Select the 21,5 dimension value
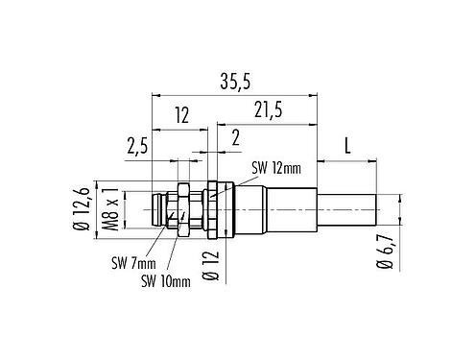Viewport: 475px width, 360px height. pos(266,113)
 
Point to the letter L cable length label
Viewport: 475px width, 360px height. pos(347,147)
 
